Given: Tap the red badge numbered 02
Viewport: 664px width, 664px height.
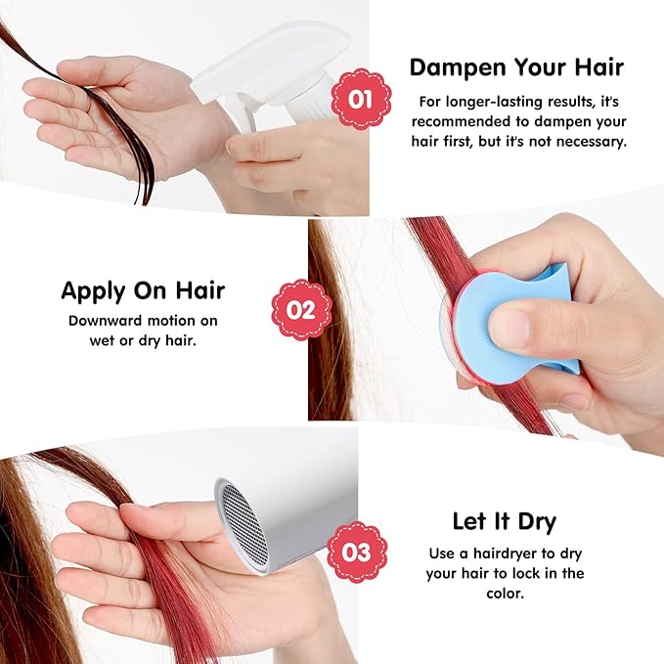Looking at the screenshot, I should pyautogui.click(x=301, y=309).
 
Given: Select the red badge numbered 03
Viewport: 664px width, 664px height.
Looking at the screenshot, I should pyautogui.click(x=357, y=553).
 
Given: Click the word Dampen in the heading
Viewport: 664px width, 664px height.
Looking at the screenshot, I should pyautogui.click(x=453, y=67).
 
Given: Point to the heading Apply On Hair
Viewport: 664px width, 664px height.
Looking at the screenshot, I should pyautogui.click(x=143, y=290).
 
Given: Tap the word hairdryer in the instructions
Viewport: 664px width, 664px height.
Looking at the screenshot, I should pyautogui.click(x=493, y=553).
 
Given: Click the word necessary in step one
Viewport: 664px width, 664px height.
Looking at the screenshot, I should pyautogui.click(x=595, y=141).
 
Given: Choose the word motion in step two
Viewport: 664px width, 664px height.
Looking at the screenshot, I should pyautogui.click(x=183, y=320).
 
